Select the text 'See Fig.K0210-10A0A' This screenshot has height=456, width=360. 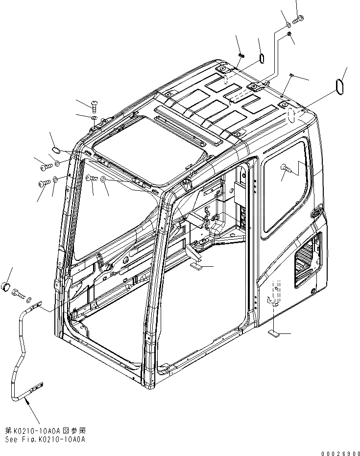(46, 439)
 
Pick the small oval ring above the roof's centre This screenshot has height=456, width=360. (262, 58)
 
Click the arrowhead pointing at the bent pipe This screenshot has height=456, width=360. (25, 404)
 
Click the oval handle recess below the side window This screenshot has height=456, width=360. (316, 212)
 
